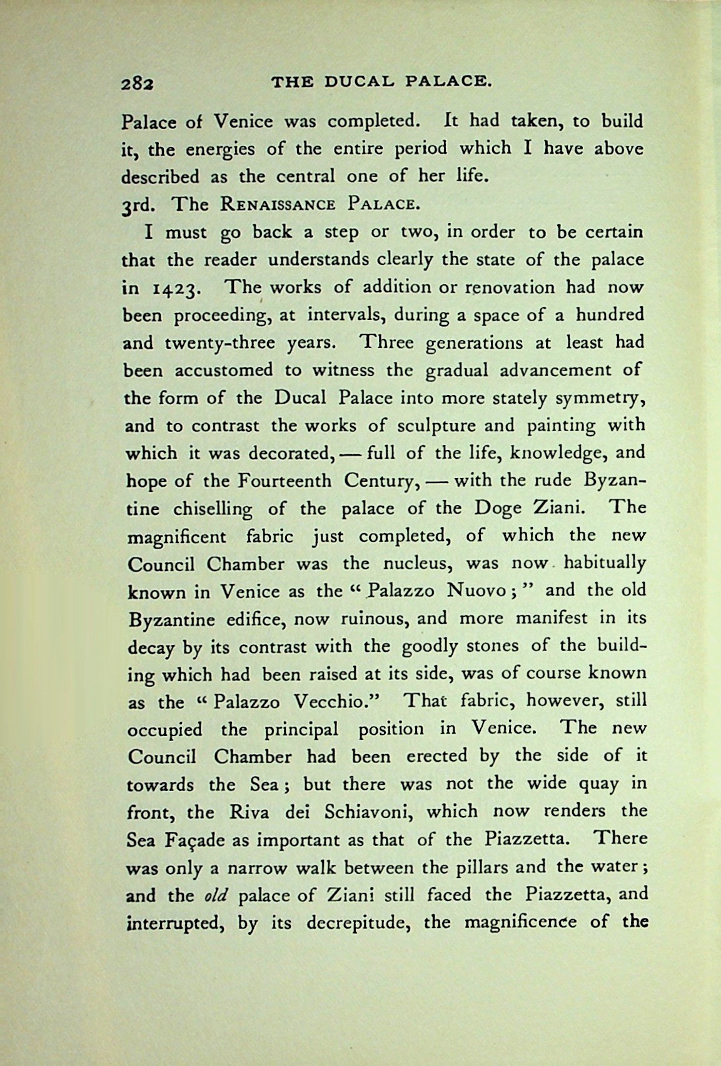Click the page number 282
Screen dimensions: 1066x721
point(138,82)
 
